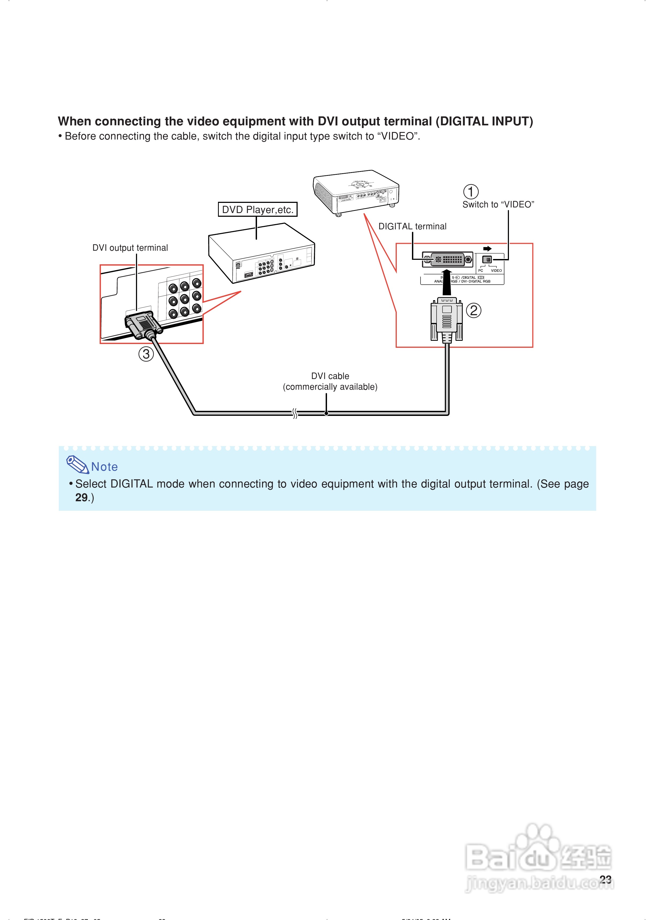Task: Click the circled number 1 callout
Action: click(x=471, y=192)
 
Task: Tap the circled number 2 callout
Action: click(x=474, y=310)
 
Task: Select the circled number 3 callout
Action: click(x=146, y=354)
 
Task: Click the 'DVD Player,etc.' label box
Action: click(x=258, y=210)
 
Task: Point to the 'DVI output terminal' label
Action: click(x=130, y=248)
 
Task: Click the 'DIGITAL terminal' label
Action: click(x=412, y=226)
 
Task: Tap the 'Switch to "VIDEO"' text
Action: click(x=498, y=205)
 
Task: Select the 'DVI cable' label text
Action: click(x=330, y=376)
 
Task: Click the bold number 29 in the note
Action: click(x=81, y=498)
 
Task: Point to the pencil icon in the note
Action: click(x=77, y=465)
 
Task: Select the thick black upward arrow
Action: click(x=447, y=282)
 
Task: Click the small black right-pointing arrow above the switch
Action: click(x=487, y=249)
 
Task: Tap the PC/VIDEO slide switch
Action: click(x=487, y=260)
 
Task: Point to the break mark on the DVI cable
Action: click(x=295, y=413)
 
